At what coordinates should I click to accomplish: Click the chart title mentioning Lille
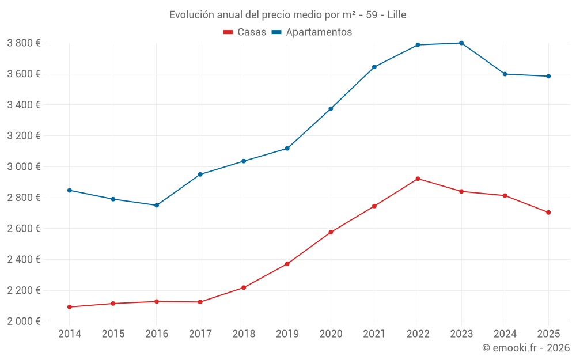287,15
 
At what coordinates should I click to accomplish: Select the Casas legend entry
245,32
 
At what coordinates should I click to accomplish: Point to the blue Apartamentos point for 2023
461,43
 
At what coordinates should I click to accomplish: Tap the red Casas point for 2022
418,179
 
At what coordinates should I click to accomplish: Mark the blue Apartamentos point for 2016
157,205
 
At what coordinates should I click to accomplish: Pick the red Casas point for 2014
70,307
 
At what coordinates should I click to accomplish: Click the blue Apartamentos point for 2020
331,109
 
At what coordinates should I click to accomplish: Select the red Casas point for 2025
548,213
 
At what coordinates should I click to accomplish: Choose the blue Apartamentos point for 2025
548,76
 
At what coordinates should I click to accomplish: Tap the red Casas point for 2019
287,264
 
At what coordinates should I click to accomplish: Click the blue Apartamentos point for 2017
200,175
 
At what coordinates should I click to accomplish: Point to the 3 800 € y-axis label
24,43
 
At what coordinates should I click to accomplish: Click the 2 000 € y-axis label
24,321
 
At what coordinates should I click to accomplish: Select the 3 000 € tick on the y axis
24,166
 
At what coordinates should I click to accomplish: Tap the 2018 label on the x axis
244,334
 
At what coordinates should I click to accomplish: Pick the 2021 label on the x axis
374,334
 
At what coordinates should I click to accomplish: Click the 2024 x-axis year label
505,334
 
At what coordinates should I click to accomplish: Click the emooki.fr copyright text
525,348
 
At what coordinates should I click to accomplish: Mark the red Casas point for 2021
374,206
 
